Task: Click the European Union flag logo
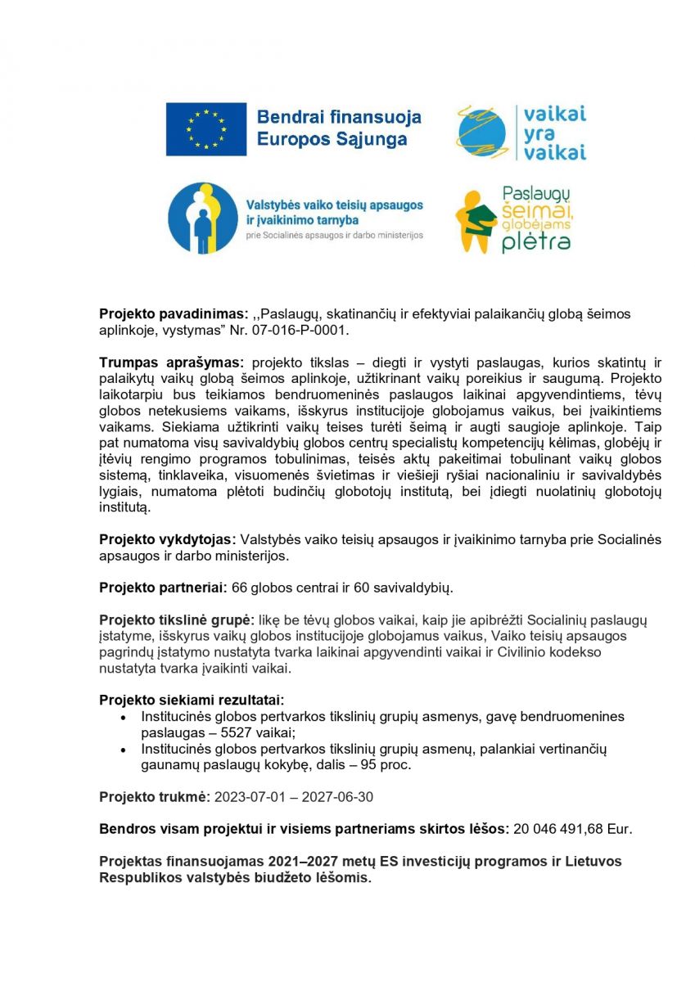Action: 206,129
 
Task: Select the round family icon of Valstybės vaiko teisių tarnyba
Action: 202,218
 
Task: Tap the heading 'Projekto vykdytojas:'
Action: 167,539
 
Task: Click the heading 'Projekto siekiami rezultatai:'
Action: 192,700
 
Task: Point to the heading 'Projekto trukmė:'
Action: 155,796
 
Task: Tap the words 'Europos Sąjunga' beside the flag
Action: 332,139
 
